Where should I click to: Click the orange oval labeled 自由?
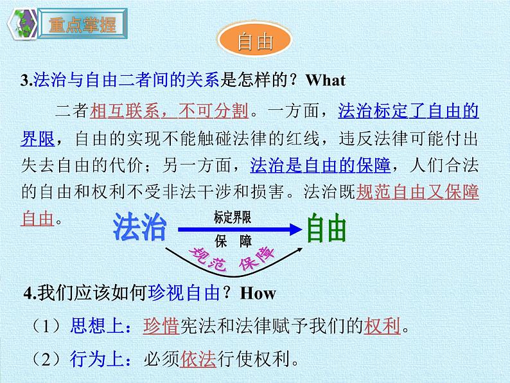click(x=255, y=42)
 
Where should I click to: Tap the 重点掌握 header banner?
click(x=82, y=26)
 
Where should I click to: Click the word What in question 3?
click(x=326, y=80)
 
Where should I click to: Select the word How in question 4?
click(x=258, y=294)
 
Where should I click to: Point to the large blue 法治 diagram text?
click(x=139, y=228)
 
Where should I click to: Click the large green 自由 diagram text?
click(x=326, y=228)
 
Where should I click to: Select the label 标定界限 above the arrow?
click(x=233, y=217)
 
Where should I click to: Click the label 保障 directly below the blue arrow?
click(x=233, y=241)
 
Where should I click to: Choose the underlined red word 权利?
click(x=382, y=326)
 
